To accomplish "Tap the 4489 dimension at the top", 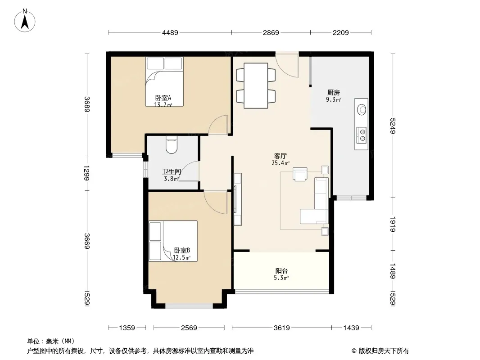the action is click(x=170, y=32).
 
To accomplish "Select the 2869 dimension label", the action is click(x=271, y=32).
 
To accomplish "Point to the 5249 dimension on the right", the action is click(x=393, y=126).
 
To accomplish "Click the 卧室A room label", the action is click(x=163, y=98).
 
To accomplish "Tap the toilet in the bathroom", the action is click(x=172, y=144).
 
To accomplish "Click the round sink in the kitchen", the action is click(x=362, y=109).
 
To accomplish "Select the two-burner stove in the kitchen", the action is click(x=362, y=135).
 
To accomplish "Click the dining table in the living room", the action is click(x=256, y=85).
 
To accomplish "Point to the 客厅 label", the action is click(x=281, y=156).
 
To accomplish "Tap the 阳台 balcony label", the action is click(x=281, y=271).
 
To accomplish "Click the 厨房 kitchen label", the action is click(x=333, y=92).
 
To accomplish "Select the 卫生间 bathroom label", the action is click(x=172, y=172).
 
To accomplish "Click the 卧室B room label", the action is click(x=182, y=251).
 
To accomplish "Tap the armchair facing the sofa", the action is click(x=300, y=174).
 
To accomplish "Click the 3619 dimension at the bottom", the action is click(x=281, y=328).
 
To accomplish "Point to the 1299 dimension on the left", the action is click(x=86, y=173).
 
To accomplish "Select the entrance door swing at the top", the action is click(x=287, y=65).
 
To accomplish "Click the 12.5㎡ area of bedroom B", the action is click(x=181, y=257).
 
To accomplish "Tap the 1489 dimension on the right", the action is click(x=393, y=271).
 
